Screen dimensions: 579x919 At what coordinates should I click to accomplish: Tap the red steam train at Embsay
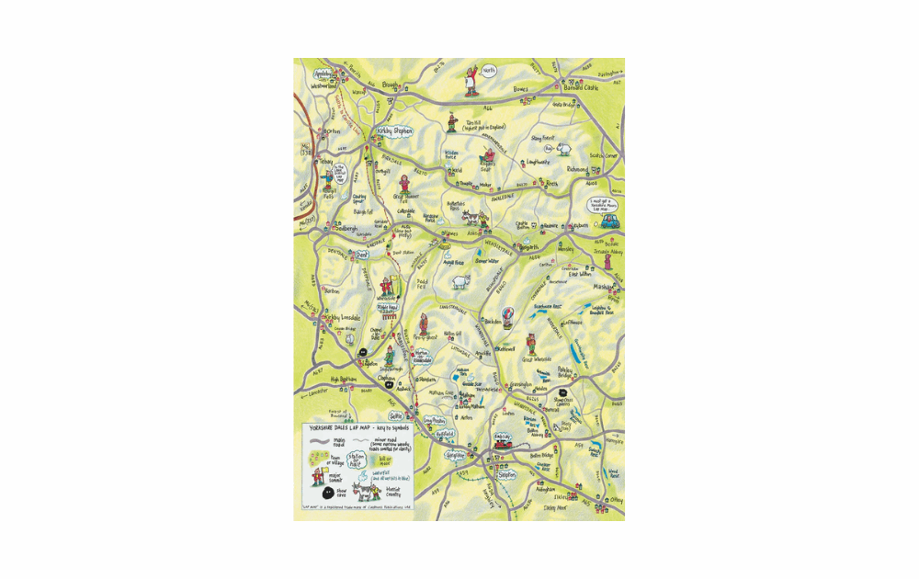click(x=504, y=446)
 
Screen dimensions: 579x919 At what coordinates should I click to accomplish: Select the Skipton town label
click(x=507, y=475)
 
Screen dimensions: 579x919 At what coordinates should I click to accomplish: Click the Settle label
click(x=397, y=415)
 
